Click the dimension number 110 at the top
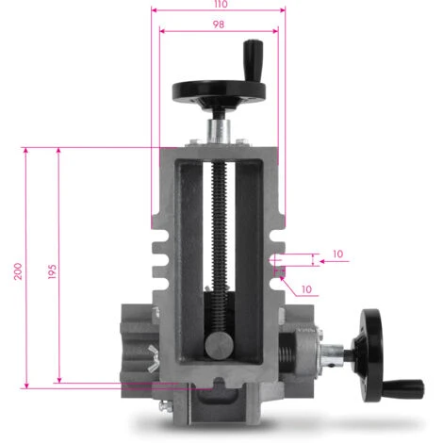tap(219, 5)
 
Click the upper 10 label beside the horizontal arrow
tap(338, 254)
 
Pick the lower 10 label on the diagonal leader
tap(307, 288)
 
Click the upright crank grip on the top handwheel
tap(252, 53)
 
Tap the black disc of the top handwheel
tap(219, 91)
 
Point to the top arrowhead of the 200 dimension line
tap(25, 150)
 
